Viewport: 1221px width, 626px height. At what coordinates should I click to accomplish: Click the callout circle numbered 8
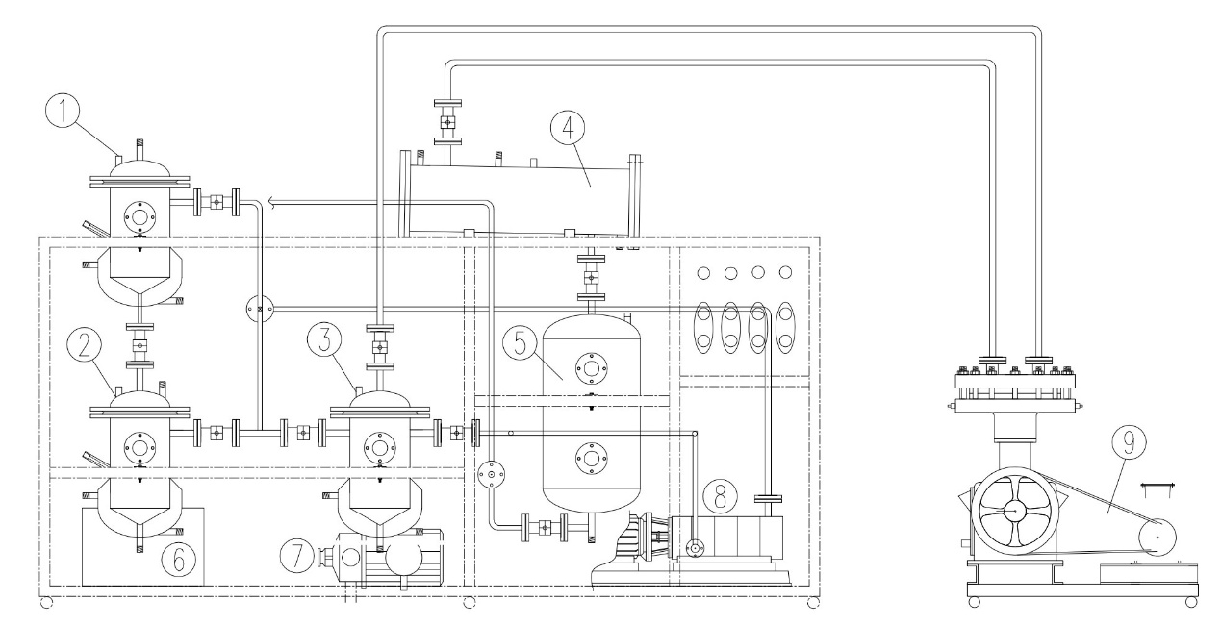pos(722,497)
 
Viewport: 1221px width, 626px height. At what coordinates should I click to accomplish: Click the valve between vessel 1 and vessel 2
pos(140,344)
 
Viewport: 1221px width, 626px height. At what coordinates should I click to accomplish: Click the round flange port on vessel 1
pos(140,217)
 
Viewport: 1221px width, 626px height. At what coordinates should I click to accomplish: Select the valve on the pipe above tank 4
pos(447,123)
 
